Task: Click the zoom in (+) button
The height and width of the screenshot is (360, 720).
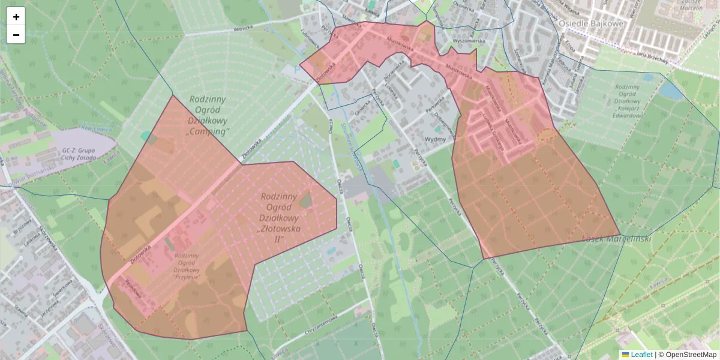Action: (x=16, y=17)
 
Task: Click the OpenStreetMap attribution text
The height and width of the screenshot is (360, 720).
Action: (x=691, y=355)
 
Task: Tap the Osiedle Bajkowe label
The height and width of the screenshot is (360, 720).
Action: (x=591, y=23)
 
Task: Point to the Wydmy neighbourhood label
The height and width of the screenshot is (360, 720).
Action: (x=435, y=139)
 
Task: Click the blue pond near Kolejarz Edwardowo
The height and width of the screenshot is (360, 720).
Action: (x=670, y=90)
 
